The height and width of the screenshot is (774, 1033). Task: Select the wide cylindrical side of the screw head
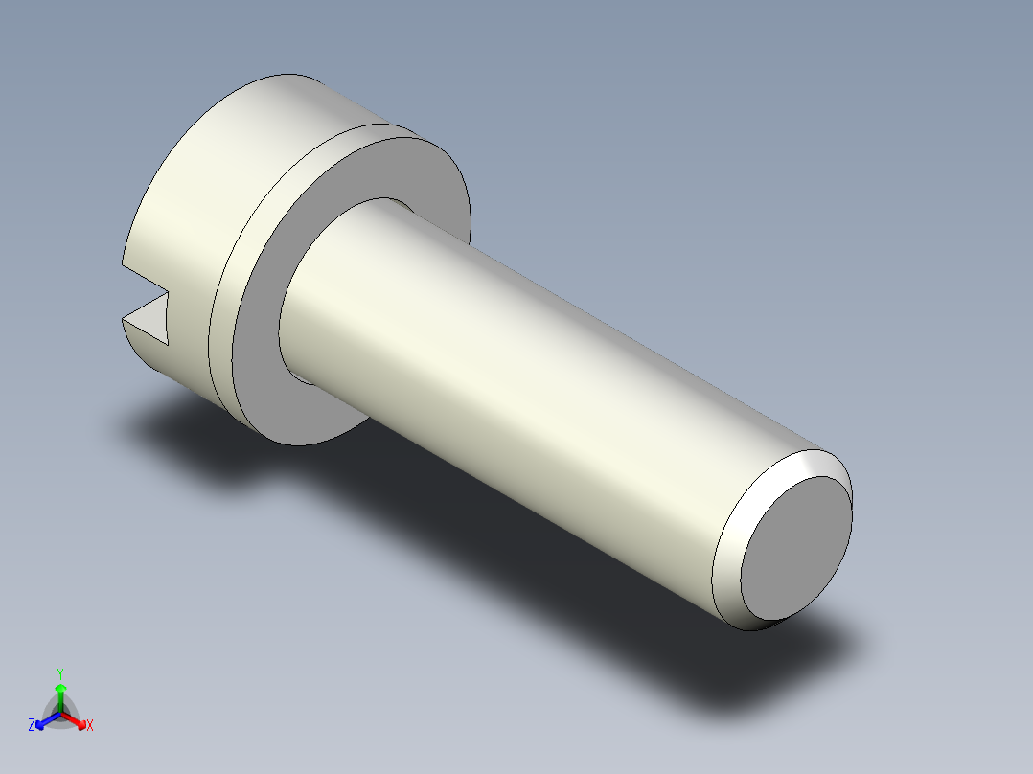click(x=197, y=217)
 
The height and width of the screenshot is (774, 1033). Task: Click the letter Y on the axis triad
click(x=60, y=673)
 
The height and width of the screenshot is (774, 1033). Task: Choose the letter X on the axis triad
click(x=90, y=725)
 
